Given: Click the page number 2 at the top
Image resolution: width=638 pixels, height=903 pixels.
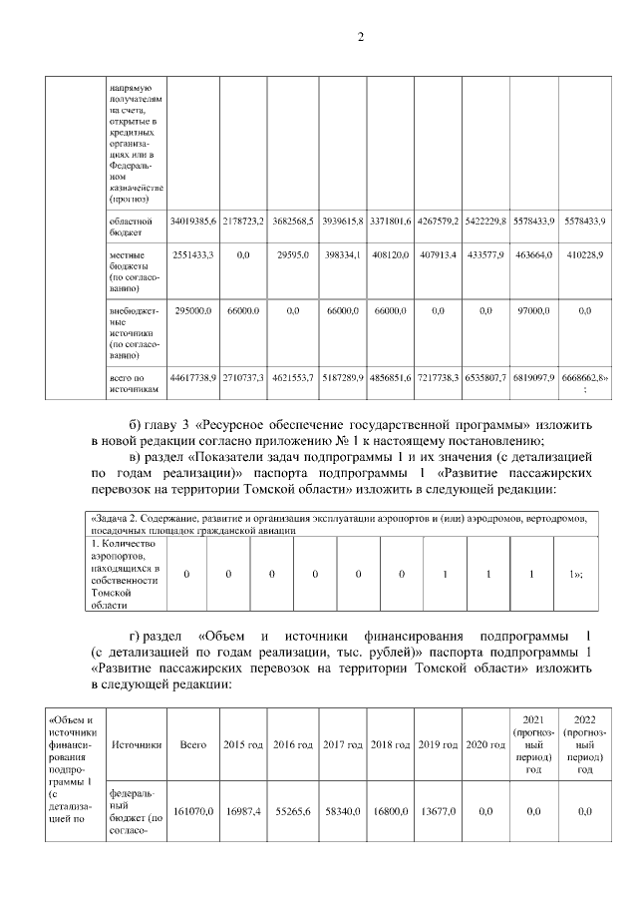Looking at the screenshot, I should pyautogui.click(x=362, y=37).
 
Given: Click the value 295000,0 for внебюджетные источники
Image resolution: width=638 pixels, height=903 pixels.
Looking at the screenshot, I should pyautogui.click(x=193, y=311).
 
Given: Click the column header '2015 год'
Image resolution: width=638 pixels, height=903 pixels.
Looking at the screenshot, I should pyautogui.click(x=242, y=744).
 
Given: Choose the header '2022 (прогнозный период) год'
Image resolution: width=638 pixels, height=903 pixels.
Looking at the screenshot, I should pyautogui.click(x=585, y=744).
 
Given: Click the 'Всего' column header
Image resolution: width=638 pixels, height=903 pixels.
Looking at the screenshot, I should pyautogui.click(x=192, y=744).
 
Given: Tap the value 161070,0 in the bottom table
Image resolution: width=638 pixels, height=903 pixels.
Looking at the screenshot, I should pyautogui.click(x=192, y=812).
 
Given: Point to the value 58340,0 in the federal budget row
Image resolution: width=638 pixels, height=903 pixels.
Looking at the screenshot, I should pyautogui.click(x=341, y=812).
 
